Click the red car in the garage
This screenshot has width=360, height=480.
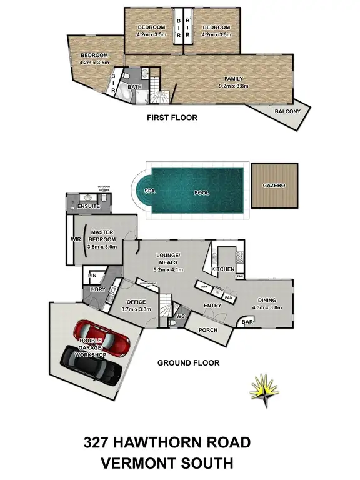pos(101,337)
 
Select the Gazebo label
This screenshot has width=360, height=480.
pos(275,187)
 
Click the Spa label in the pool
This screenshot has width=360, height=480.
pos(149,192)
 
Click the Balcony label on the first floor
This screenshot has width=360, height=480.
pos(287,111)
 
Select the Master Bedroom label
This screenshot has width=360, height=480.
pos(101,236)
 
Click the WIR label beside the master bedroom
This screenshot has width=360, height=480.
pos(76,239)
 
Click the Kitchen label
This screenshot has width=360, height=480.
pos(222,269)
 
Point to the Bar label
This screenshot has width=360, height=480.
pos(247,322)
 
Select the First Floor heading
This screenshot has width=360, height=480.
pos(172,117)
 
